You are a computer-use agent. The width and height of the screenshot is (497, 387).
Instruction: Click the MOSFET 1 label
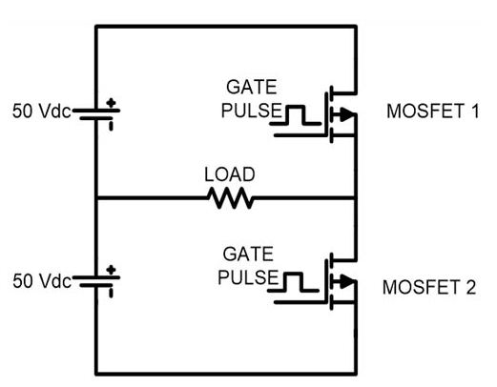point(433,112)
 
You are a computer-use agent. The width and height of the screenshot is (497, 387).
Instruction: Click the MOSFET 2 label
point(429,287)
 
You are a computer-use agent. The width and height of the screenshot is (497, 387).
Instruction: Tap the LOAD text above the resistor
point(230,174)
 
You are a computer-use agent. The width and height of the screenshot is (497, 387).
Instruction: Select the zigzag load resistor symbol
point(231,198)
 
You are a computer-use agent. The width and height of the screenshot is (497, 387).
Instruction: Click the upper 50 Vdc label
point(41,112)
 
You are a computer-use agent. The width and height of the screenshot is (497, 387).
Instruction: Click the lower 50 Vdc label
point(42,281)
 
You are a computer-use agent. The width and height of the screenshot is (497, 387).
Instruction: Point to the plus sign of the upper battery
point(111,103)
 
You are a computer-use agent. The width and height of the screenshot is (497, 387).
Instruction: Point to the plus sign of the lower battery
point(111,270)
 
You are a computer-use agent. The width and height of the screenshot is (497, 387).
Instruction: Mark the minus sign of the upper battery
point(111,126)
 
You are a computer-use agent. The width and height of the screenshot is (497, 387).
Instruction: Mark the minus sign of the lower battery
point(111,293)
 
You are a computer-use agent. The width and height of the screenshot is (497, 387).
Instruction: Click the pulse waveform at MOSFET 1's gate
point(296,114)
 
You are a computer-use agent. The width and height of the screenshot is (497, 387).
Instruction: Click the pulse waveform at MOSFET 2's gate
point(293,282)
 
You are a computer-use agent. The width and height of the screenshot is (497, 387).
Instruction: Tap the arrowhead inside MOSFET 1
point(347,114)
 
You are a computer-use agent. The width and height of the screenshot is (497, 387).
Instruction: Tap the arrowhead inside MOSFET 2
point(347,281)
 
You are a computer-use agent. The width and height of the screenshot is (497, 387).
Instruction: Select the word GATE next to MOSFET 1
point(251,87)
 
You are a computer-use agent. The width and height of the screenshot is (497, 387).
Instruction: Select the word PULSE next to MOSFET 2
point(248,277)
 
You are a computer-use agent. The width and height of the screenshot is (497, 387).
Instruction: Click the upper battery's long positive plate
point(96,111)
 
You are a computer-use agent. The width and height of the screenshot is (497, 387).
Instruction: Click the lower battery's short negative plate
point(95,285)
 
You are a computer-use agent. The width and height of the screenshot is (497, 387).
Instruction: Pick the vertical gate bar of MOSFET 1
point(326,114)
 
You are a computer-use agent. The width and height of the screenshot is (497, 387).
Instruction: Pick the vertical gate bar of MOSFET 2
point(326,281)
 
